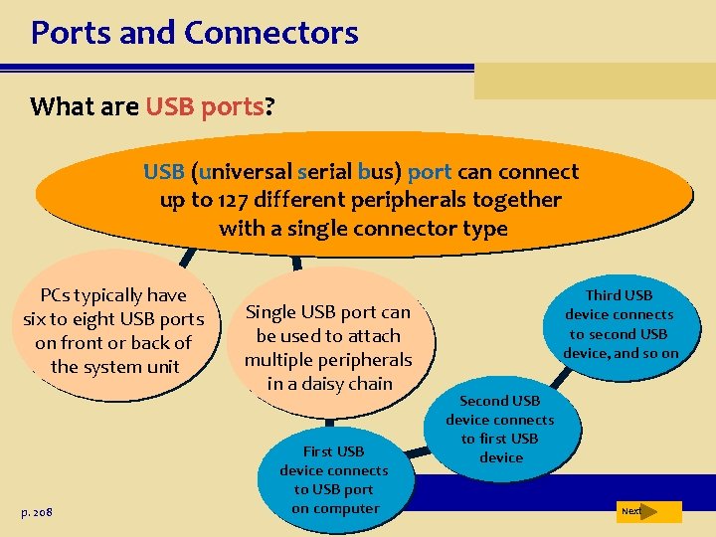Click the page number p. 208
pyautogui.click(x=35, y=511)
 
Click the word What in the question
pyautogui.click(x=62, y=107)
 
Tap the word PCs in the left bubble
pyautogui.click(x=57, y=295)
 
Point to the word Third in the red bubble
pyautogui.click(x=605, y=295)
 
